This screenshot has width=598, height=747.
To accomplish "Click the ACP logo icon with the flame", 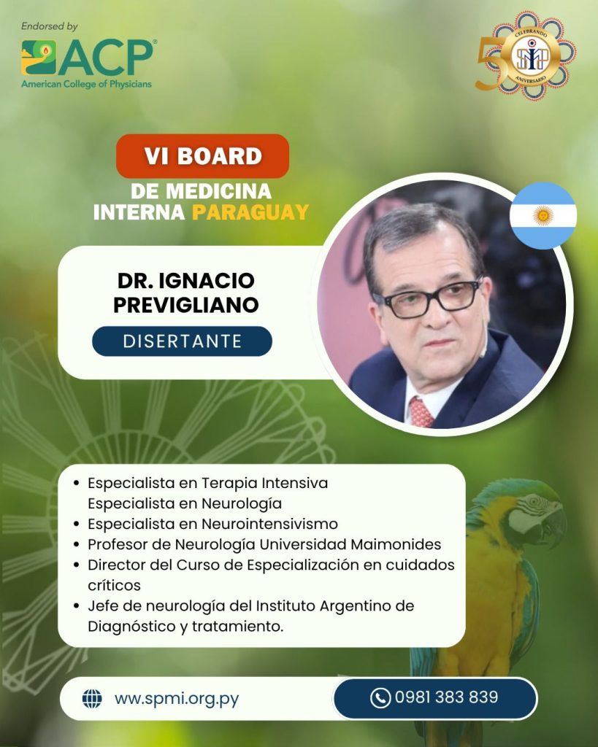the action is tap(39, 57).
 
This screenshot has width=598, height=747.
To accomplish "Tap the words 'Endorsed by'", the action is tap(49, 27).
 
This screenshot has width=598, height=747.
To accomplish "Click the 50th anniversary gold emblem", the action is tap(527, 55).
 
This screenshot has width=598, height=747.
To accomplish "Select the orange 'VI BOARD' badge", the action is tap(203, 156).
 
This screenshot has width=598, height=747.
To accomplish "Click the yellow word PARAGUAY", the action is tap(250, 212).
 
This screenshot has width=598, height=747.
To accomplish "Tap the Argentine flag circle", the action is tap(543, 216).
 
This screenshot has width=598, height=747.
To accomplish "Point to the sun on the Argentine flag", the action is tap(543, 216).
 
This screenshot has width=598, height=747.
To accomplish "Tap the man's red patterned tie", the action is tap(421, 412).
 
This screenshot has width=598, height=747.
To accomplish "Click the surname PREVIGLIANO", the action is tap(186, 305).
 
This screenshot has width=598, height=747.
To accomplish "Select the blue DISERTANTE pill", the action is tap(182, 341).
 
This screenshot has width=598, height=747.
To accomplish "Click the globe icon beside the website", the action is tap(92, 699).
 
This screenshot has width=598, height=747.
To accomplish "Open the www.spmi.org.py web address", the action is tap(177, 700).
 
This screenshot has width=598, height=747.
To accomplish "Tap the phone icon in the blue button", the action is tap(380, 698).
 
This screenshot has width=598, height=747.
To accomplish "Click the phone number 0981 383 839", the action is tap(446, 697).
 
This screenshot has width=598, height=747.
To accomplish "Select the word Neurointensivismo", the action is tap(269, 524).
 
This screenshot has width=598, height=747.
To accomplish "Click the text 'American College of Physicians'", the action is tap(86, 85).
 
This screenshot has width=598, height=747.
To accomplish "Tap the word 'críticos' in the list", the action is tap(114, 585).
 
